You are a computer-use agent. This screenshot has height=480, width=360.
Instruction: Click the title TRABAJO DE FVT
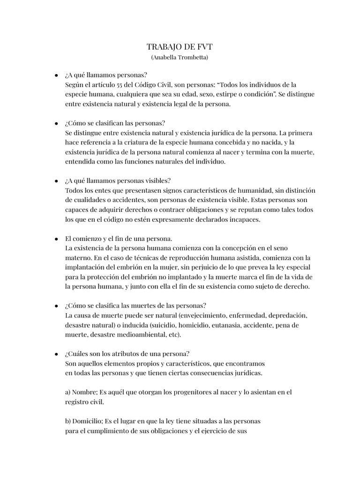[180, 46]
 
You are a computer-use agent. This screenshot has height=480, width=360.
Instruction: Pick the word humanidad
[246, 190]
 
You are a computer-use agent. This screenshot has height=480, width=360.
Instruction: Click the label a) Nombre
[79, 392]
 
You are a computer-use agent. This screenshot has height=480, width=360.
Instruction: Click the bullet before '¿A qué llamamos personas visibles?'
[56, 181]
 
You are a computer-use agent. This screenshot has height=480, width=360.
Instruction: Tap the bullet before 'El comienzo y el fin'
[56, 239]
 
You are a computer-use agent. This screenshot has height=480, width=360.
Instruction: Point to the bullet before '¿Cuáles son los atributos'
[56, 354]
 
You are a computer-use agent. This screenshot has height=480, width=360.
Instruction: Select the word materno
[78, 258]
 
